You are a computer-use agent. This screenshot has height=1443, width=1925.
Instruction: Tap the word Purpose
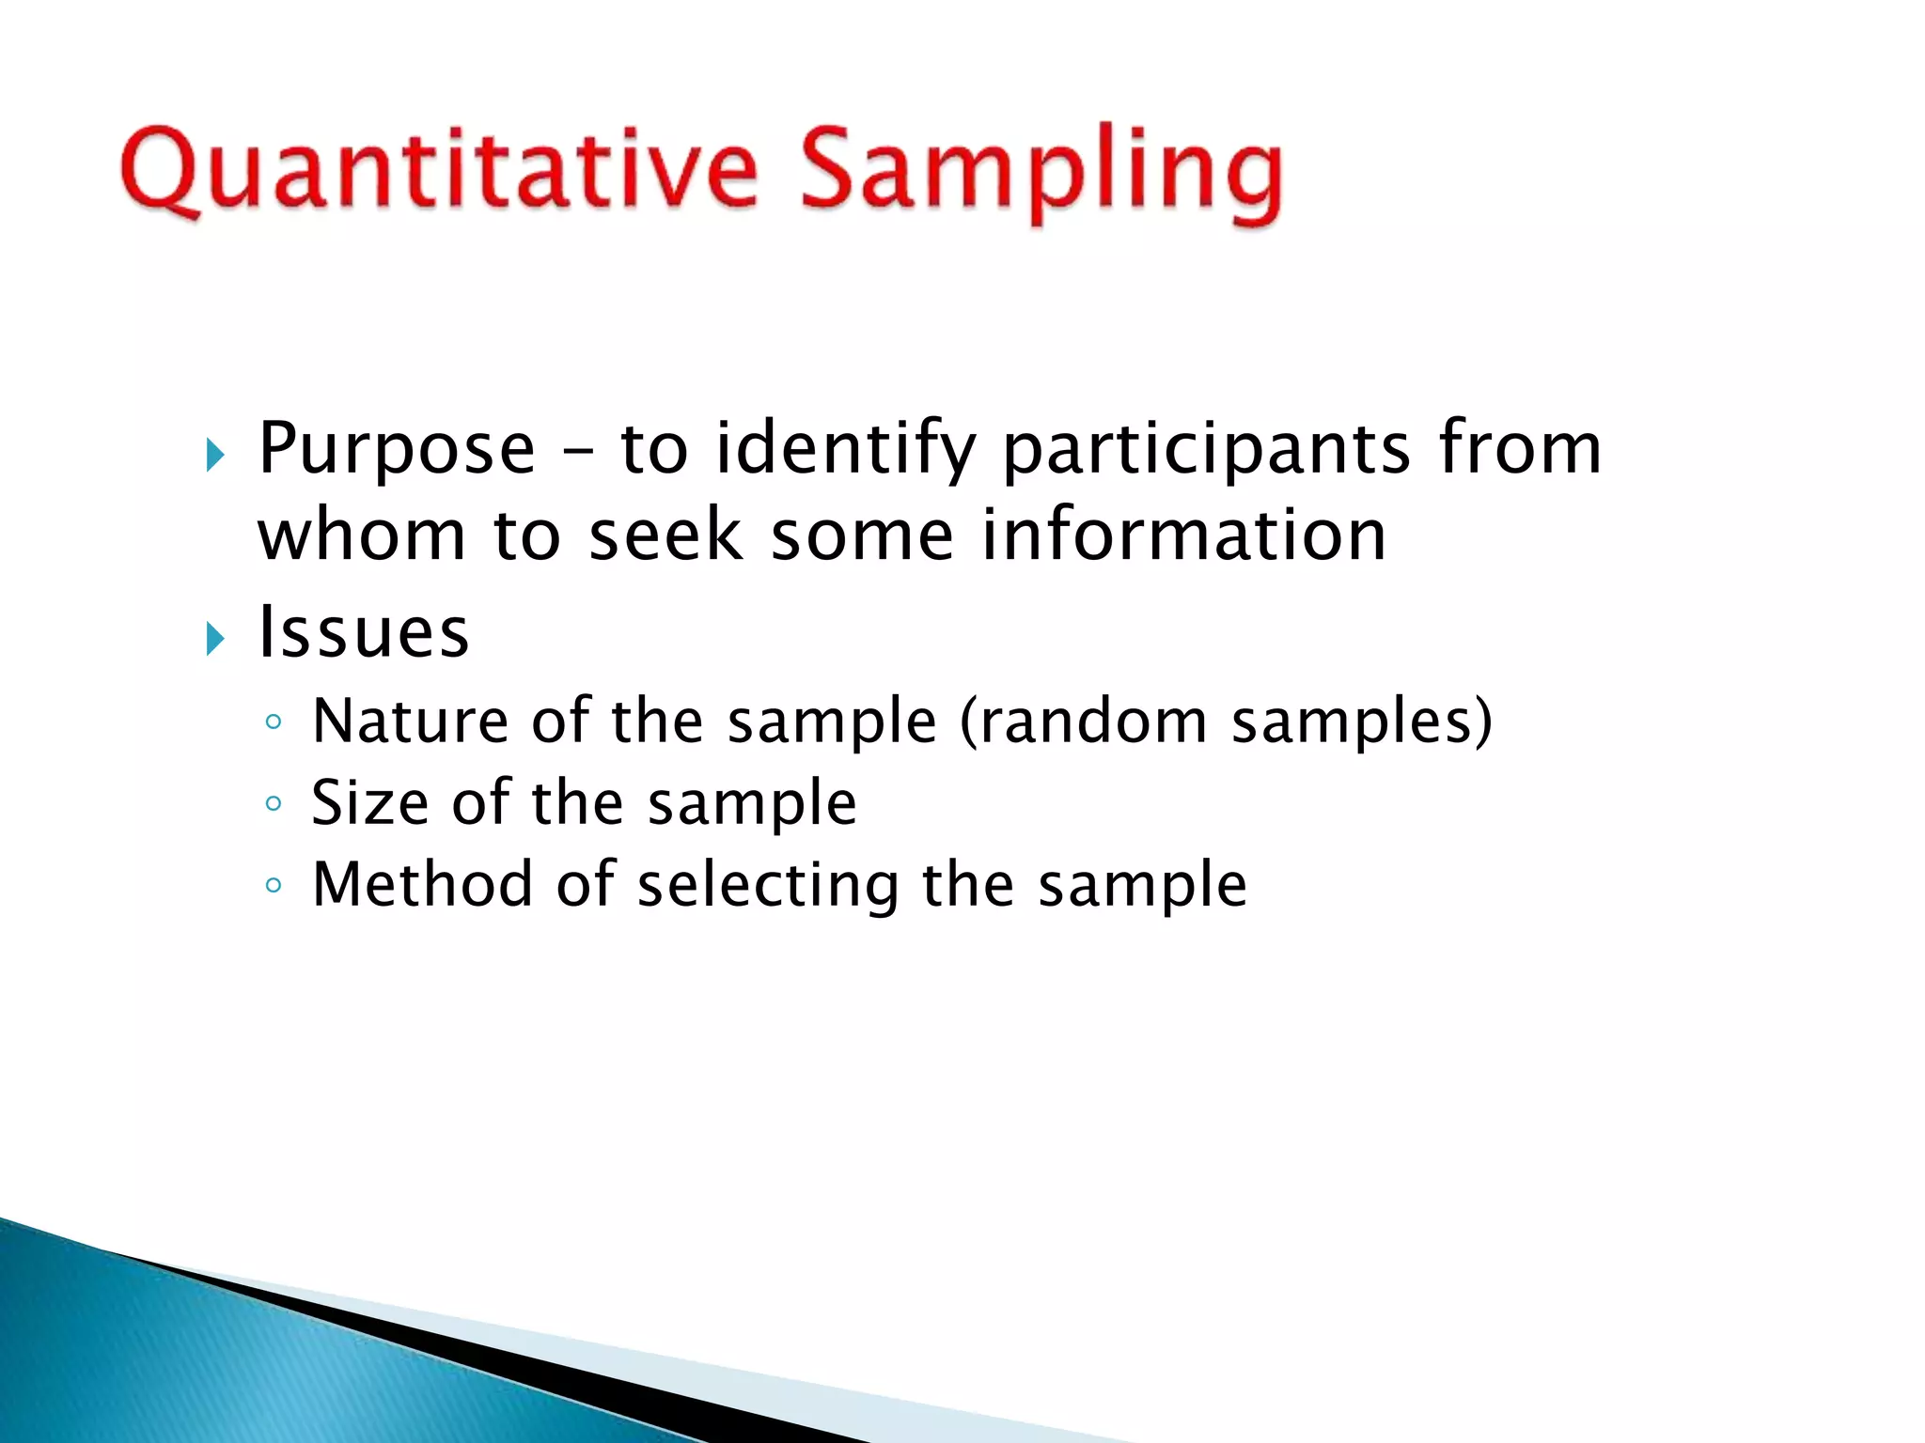point(397,449)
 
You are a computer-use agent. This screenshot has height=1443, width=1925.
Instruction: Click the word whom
point(362,535)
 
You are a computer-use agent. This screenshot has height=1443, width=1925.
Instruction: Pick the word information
point(1184,535)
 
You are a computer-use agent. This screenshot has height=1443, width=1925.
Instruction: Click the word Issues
point(364,632)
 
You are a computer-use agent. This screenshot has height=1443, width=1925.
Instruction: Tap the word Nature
point(409,721)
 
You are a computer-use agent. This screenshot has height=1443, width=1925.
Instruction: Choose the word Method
point(422,884)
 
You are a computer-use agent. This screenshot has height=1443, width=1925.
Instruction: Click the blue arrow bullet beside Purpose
point(216,456)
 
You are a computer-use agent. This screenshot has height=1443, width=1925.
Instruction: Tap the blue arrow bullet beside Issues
point(216,640)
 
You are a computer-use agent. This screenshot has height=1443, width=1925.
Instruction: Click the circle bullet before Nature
point(274,721)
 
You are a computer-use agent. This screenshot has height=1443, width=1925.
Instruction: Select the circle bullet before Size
point(274,803)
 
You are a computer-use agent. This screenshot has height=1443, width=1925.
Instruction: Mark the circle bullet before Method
point(274,885)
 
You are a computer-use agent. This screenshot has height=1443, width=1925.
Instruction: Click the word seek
point(665,535)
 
